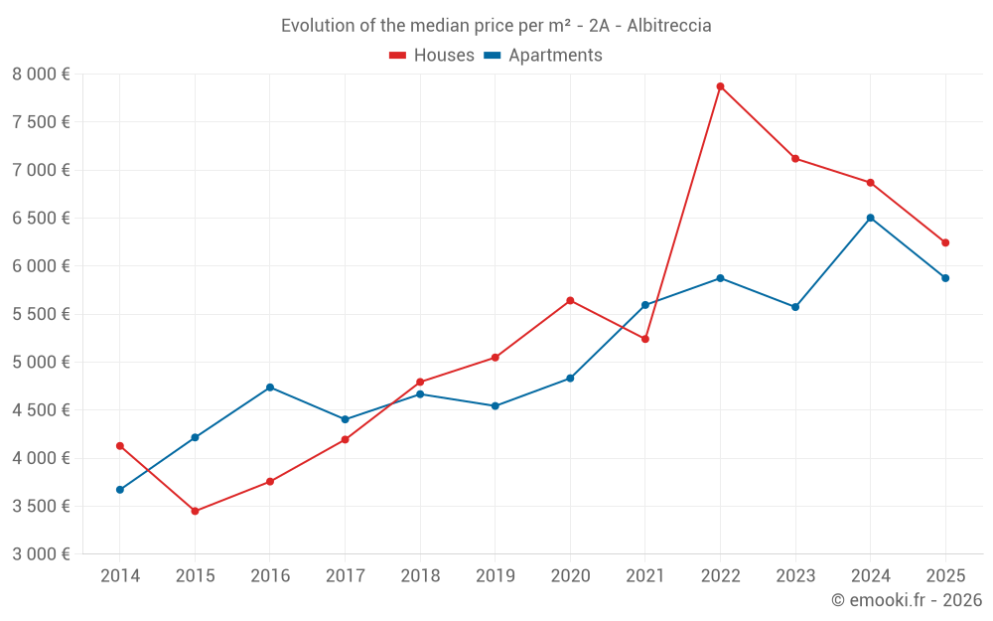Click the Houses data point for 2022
(720, 86)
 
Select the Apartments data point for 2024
(870, 218)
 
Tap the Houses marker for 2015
(195, 511)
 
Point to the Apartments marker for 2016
(270, 388)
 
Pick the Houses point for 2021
(645, 339)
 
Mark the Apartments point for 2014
(120, 490)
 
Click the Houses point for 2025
(945, 242)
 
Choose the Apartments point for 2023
(795, 307)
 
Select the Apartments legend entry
(543, 56)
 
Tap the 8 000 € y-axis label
(42, 75)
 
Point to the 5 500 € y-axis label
(42, 314)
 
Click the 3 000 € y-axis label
(42, 554)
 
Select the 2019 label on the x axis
(495, 576)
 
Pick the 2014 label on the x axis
(120, 576)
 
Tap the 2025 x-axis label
(945, 576)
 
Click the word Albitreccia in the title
(669, 26)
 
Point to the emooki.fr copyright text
(907, 600)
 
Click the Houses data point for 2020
(570, 300)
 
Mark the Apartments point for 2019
(495, 405)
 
